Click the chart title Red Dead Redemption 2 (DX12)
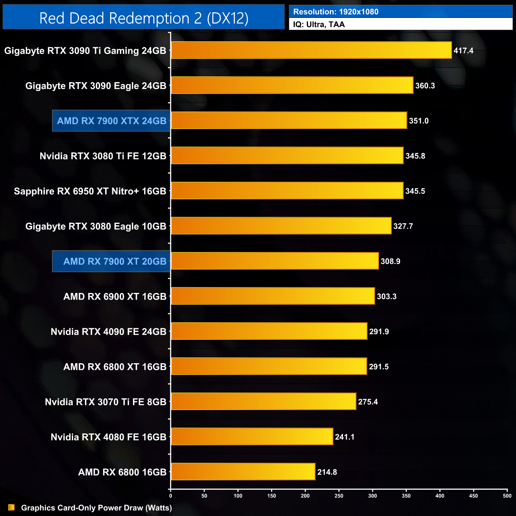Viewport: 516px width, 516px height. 144,18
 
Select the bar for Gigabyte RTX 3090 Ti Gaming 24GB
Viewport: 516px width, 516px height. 311,50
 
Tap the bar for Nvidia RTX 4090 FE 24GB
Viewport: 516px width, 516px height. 269,331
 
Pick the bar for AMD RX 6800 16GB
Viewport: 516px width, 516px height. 243,472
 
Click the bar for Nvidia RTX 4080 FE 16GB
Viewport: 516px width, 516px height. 252,437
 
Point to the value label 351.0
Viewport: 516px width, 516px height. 419,121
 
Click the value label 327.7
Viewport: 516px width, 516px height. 403,226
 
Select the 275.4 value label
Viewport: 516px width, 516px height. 368,402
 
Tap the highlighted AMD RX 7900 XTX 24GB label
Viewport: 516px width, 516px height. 112,121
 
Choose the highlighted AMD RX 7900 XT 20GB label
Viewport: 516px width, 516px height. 115,261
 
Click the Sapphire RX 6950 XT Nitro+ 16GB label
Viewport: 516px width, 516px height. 90,191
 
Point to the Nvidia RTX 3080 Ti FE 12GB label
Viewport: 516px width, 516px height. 103,156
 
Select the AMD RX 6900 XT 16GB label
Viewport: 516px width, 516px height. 115,297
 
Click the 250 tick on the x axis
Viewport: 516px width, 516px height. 339,496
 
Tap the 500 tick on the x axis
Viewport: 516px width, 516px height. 507,496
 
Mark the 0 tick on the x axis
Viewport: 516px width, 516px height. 171,496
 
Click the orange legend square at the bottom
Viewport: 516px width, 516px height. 12,508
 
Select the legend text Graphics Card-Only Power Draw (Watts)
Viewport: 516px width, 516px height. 96,508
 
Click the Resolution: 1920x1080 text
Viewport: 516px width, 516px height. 336,12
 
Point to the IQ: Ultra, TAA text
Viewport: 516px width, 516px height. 319,25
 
